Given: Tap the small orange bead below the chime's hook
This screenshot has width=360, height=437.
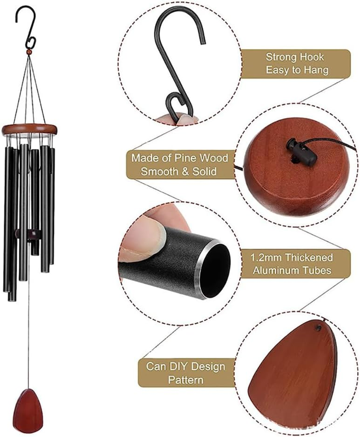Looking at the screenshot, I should point(29,53).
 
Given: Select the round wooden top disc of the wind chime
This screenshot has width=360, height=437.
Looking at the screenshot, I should point(30,129).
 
